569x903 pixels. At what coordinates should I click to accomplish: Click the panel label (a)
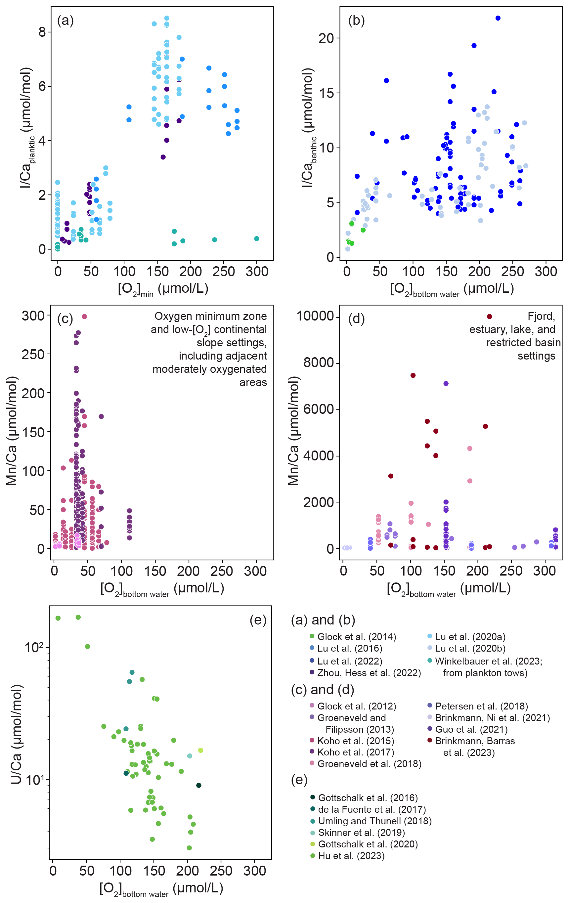tap(65, 21)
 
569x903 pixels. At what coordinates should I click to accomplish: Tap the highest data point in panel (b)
tap(498, 18)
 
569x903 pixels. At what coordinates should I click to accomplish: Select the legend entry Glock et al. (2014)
tap(356, 637)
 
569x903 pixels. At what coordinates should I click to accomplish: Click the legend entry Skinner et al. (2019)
tap(361, 833)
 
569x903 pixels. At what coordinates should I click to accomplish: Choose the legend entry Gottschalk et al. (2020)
tap(368, 844)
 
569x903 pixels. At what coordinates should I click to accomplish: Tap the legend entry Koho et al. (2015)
tap(355, 741)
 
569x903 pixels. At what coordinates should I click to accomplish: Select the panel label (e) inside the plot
tap(258, 620)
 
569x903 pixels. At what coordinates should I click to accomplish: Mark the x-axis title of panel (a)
tap(163, 289)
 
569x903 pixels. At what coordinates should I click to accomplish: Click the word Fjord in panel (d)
tap(541, 316)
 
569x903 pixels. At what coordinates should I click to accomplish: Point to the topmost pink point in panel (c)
tap(84, 317)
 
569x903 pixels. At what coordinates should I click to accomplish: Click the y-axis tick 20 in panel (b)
tap(326, 38)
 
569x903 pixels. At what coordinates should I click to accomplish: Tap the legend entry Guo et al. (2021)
tap(471, 729)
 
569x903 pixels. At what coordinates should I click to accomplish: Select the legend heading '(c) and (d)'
tap(322, 690)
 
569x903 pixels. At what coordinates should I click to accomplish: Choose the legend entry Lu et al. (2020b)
tap(470, 648)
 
